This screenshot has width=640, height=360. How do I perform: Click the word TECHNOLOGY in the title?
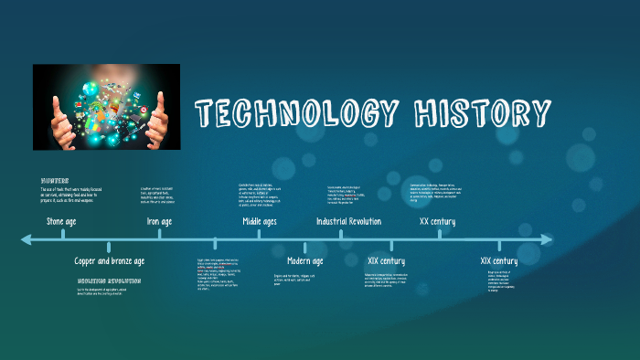[297, 114]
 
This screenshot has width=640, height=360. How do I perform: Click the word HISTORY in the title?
[482, 114]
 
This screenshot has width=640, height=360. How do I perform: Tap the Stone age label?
[63, 221]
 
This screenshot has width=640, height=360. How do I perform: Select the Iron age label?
[159, 221]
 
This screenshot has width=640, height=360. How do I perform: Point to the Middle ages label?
[259, 221]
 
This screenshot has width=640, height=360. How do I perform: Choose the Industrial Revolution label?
[348, 221]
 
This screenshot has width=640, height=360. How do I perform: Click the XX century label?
[437, 221]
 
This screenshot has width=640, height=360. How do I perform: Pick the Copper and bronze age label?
[109, 261]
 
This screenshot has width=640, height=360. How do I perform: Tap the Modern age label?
[304, 261]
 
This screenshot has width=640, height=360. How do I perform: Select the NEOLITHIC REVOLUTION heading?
[109, 281]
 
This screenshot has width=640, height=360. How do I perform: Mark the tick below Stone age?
[63, 234]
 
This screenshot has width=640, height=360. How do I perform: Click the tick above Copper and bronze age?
[109, 246]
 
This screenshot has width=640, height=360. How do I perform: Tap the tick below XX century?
[440, 234]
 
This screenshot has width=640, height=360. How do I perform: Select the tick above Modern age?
[305, 246]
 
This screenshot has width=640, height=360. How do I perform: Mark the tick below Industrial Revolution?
[341, 234]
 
